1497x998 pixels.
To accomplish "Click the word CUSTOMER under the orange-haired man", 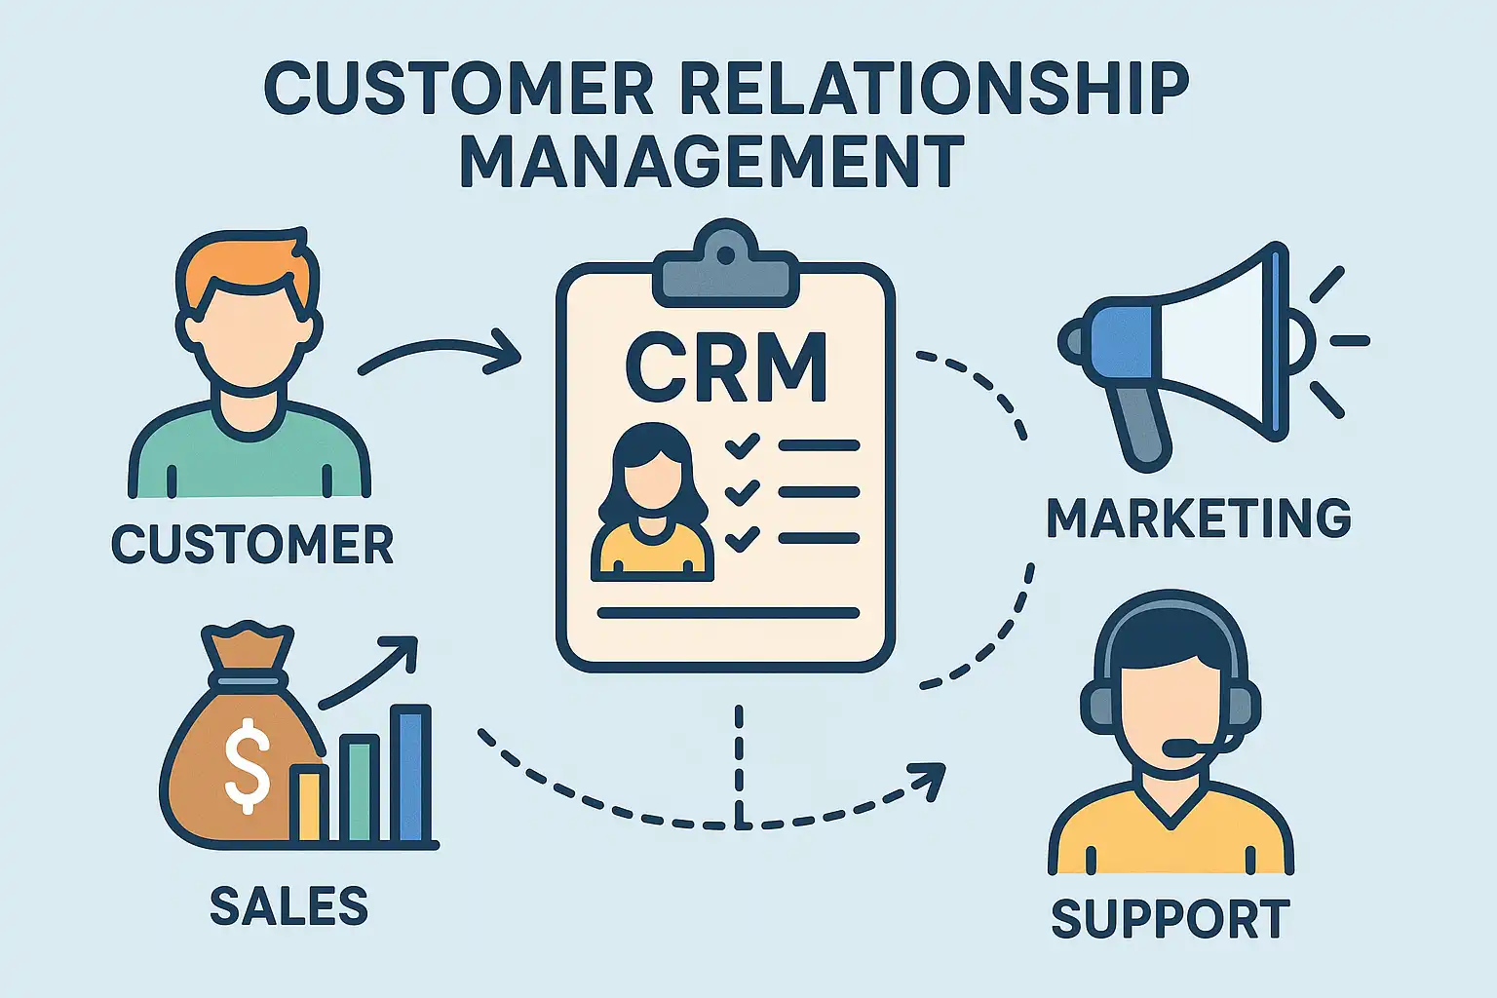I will click(252, 544).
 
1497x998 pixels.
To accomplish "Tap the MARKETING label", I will click(1199, 518).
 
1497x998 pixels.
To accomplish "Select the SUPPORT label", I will click(1171, 920).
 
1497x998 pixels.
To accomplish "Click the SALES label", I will click(289, 906).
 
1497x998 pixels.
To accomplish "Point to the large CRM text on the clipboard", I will click(726, 367).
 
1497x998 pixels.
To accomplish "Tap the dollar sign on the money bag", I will click(248, 766).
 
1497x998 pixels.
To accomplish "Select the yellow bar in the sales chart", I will click(309, 803).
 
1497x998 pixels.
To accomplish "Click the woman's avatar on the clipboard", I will click(651, 502).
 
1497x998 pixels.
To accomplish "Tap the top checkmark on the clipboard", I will click(743, 446).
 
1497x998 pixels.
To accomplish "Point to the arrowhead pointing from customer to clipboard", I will click(507, 353).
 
